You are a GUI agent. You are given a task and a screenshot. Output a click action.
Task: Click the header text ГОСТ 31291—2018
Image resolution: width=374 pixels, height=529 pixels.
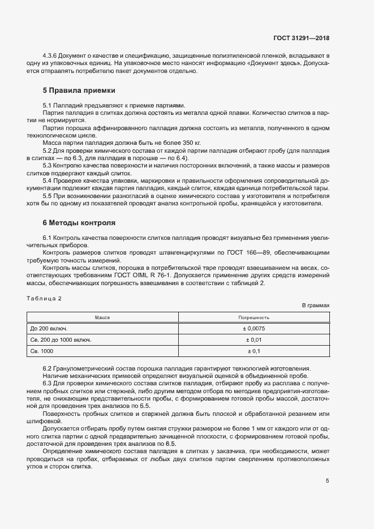coord(300,38)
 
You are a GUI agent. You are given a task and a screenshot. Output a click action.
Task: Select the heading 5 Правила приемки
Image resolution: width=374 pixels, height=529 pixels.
coord(79,90)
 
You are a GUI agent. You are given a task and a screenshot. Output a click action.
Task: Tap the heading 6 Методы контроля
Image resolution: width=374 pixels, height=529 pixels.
coord(79,222)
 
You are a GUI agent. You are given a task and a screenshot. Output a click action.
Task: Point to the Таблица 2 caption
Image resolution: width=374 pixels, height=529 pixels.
coord(44,298)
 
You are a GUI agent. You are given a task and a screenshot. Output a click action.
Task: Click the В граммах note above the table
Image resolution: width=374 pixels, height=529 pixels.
coord(315,306)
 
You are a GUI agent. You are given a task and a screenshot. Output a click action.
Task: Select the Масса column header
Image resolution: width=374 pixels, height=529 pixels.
coord(102,317)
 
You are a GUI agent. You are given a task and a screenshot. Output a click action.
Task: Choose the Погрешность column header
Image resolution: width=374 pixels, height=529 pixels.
coord(253,317)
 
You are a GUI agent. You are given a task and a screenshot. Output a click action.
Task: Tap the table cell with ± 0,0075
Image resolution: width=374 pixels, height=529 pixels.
coord(253,328)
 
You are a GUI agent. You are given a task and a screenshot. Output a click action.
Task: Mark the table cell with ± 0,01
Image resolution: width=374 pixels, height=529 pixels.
coord(253,340)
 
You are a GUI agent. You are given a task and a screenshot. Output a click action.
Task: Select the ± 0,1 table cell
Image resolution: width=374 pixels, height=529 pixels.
coord(253,352)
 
